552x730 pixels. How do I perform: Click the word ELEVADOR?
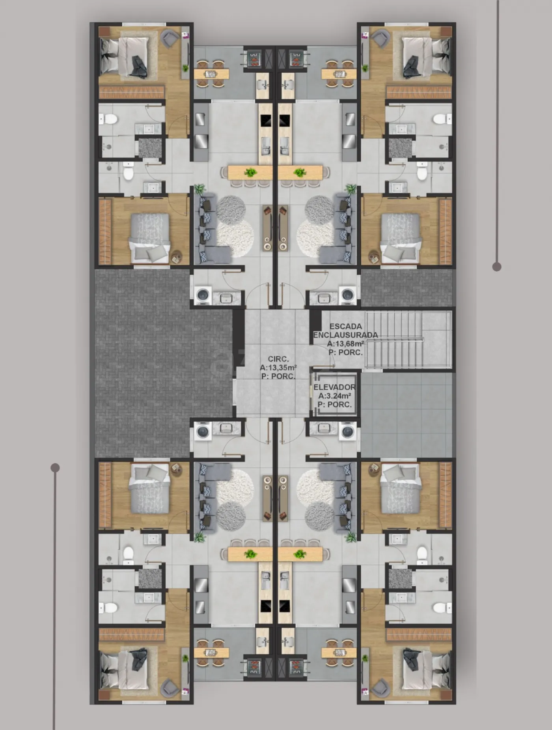coord(334,387)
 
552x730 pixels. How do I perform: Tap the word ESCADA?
coord(346,327)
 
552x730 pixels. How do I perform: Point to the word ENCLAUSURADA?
coord(345,335)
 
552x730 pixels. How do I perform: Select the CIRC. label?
coord(278,359)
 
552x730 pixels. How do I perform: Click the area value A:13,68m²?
coord(345,344)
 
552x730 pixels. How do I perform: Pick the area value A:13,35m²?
coord(278,368)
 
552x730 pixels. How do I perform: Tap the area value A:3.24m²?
coord(335,396)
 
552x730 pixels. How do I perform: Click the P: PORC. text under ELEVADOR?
coord(335,405)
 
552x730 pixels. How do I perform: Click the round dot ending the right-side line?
coord(497,267)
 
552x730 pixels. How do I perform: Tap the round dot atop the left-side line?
coord(55,468)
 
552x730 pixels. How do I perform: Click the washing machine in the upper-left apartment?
coord(203,295)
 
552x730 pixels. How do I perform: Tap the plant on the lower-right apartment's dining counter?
coord(300,554)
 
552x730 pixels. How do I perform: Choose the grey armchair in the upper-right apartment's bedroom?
coord(380,38)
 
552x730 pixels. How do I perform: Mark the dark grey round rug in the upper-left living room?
coord(231,209)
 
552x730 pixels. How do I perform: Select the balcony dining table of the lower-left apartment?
coord(211,653)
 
